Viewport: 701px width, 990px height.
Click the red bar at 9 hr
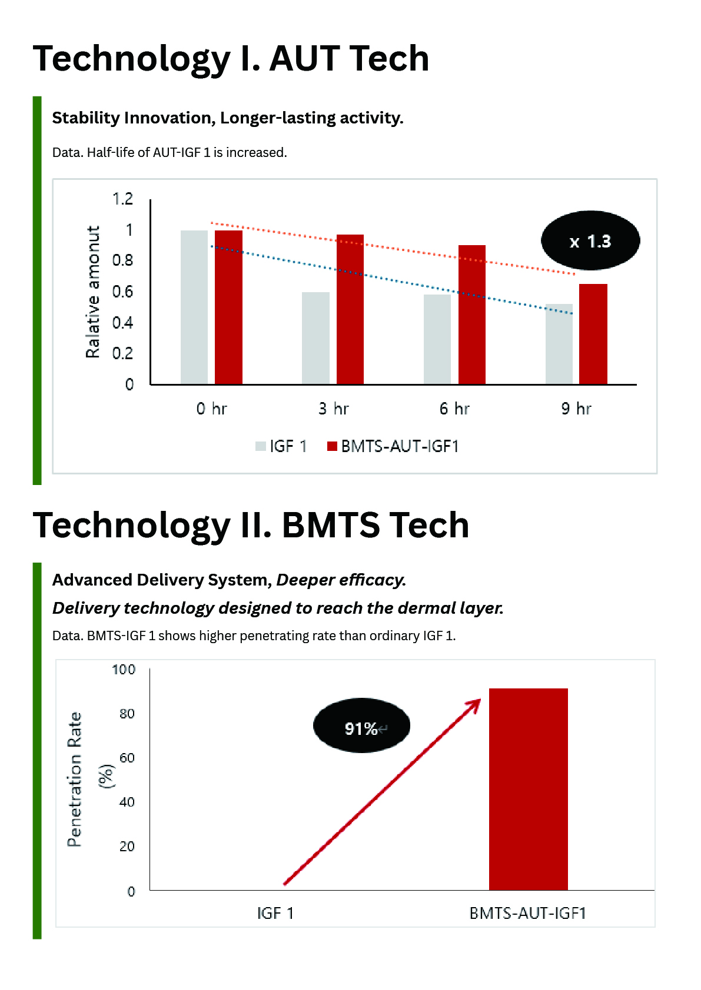coord(593,334)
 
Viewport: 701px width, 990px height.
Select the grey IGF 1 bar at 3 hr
coord(315,338)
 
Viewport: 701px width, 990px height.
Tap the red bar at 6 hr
coord(471,315)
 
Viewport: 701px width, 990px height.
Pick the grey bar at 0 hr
coord(194,307)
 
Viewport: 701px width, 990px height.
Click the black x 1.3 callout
coord(590,240)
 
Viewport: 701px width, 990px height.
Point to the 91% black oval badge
coord(361,725)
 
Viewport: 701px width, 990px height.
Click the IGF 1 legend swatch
coord(261,446)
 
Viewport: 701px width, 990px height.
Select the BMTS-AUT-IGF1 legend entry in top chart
coord(393,446)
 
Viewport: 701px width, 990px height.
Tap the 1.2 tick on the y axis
coord(122,199)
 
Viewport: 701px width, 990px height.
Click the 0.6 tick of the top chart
coord(122,292)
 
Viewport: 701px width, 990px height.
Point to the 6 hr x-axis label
coord(454,409)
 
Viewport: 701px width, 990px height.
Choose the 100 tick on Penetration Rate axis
coord(124,670)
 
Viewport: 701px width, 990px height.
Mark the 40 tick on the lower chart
coord(127,802)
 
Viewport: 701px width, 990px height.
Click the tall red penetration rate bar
coord(528,789)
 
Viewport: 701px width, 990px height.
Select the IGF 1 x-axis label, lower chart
coord(275,913)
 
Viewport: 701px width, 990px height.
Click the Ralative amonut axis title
coord(93,292)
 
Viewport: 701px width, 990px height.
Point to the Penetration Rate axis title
coord(75,779)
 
